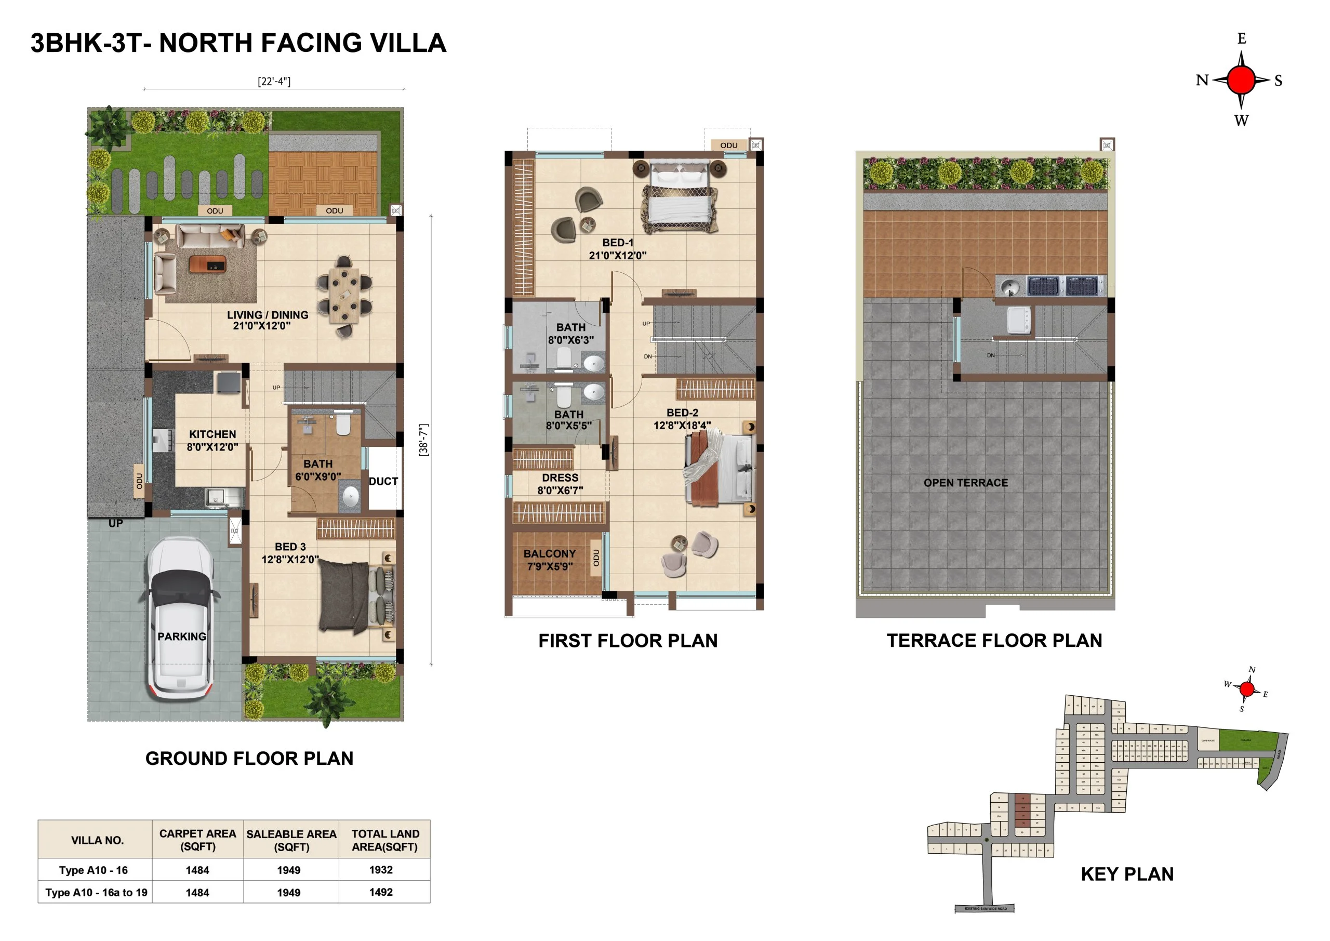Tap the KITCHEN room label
coord(212,434)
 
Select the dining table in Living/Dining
coord(344,296)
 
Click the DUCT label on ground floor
coord(383,482)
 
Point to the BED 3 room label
coord(290,547)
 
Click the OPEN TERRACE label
coord(966,483)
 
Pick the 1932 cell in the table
coord(381,870)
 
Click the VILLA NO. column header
coord(97,840)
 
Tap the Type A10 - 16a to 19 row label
coord(97,892)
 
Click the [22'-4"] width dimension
coord(274,82)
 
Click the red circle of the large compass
coord(1241,80)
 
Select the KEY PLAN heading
coord(1127,874)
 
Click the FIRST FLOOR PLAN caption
coord(628,641)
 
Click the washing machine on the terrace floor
coord(1018,321)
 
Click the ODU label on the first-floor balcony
coord(596,558)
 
